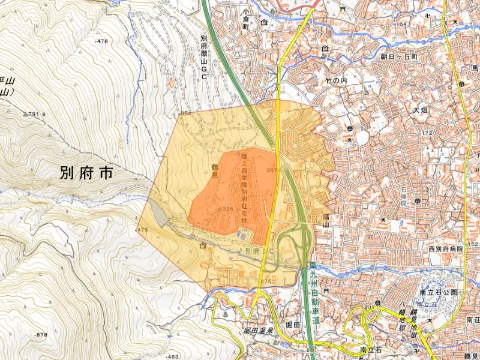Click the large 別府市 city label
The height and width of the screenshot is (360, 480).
point(86,174)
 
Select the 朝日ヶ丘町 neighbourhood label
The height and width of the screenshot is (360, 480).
point(398,56)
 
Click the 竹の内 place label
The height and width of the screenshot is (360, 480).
point(336,80)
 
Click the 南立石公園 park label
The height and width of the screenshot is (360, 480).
point(438,292)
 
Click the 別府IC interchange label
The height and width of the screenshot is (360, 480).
point(257,251)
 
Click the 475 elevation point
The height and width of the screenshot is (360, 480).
point(142,230)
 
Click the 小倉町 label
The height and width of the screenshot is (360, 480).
point(245,23)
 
